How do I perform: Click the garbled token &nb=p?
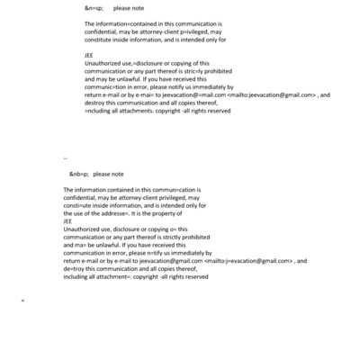point(77,173)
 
